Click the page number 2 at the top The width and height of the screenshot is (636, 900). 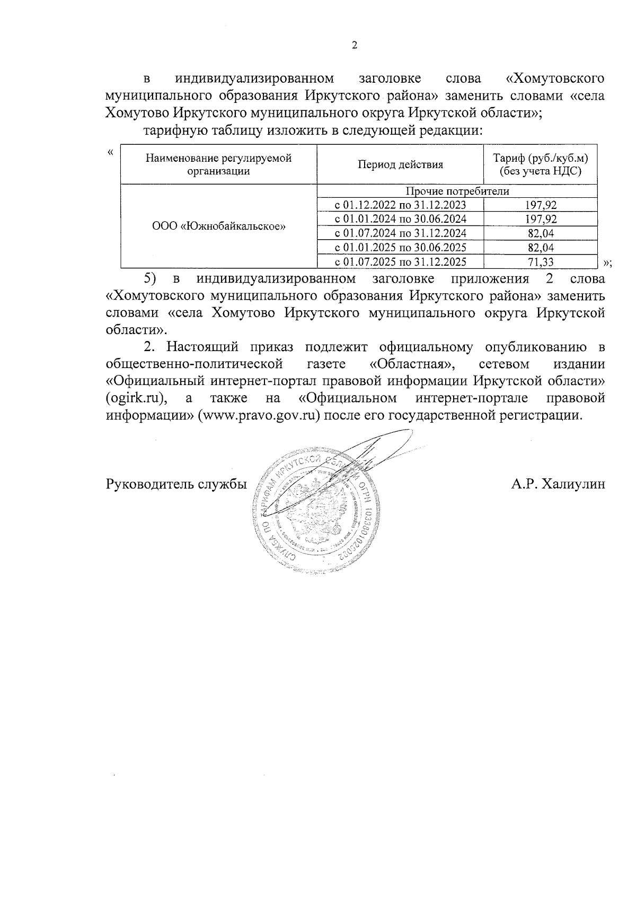click(x=355, y=46)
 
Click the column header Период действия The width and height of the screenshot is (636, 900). click(x=400, y=164)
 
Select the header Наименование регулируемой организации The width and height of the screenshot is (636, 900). click(x=218, y=164)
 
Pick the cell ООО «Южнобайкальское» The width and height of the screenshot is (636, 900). click(x=218, y=226)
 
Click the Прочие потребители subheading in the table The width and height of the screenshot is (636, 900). click(x=457, y=191)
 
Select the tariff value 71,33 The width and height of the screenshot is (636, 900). click(x=541, y=261)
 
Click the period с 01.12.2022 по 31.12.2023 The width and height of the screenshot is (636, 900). click(x=400, y=205)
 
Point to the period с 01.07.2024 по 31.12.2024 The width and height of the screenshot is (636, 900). click(x=400, y=233)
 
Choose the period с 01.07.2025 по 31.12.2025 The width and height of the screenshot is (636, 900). click(x=400, y=261)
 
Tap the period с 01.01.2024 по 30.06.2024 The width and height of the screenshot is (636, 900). click(x=400, y=219)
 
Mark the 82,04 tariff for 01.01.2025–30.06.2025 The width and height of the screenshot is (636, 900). click(x=541, y=247)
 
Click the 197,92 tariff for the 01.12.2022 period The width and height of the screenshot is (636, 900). click(x=541, y=205)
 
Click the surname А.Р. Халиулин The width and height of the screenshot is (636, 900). click(x=558, y=484)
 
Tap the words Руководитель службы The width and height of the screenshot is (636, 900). click(x=176, y=484)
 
